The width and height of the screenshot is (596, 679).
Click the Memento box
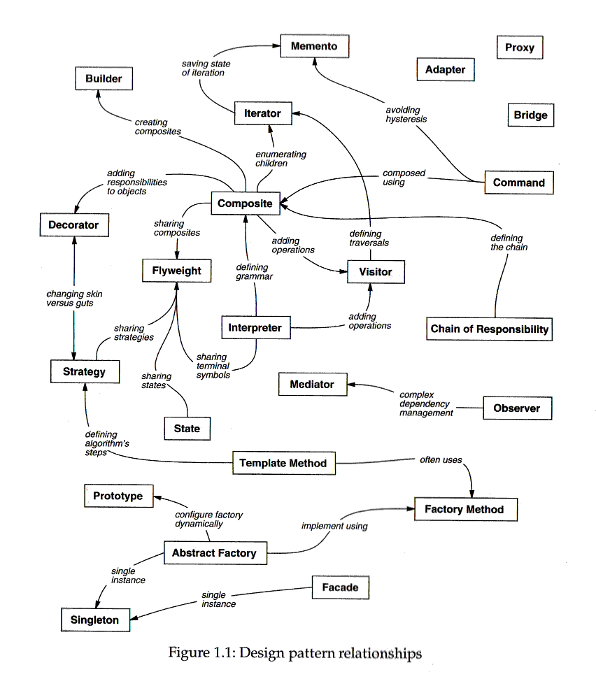click(x=314, y=46)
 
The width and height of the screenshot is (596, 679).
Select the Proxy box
click(x=519, y=48)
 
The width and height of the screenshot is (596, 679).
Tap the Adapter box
click(x=445, y=69)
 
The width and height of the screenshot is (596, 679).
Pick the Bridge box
click(x=530, y=115)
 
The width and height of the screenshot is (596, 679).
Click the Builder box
click(x=104, y=78)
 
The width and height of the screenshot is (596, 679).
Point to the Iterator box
click(x=262, y=113)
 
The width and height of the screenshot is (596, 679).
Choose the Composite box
click(x=245, y=203)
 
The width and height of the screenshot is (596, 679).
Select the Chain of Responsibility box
click(x=490, y=329)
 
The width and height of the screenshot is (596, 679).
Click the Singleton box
click(x=94, y=620)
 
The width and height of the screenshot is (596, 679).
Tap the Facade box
click(x=340, y=587)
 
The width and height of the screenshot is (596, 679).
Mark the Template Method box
click(x=283, y=463)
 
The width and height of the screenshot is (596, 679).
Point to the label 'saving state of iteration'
click(x=206, y=68)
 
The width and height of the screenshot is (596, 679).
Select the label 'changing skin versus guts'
click(x=74, y=299)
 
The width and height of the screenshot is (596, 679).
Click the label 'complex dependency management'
click(x=426, y=404)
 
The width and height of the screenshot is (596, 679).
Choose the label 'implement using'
click(x=334, y=526)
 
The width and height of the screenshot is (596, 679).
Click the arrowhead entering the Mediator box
click(x=352, y=384)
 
